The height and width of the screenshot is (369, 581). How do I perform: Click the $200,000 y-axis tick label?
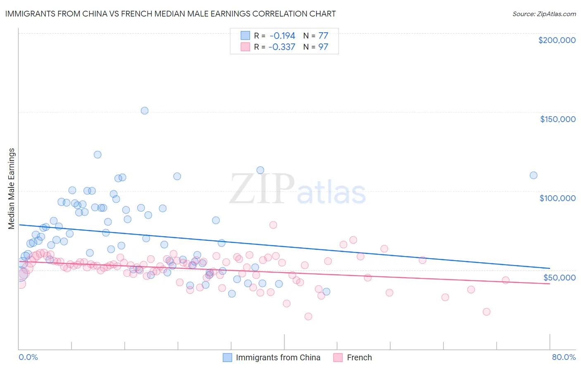(x=557, y=40)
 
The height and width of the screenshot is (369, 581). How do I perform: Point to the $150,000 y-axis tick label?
(x=557, y=119)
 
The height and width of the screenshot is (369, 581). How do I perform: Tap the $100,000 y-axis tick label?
(x=557, y=198)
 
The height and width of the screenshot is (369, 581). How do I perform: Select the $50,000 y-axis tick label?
(x=559, y=277)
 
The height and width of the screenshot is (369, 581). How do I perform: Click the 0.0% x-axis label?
(x=28, y=357)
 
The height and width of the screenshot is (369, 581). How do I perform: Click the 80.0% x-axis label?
(x=564, y=357)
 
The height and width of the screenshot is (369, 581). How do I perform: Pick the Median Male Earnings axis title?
(x=12, y=189)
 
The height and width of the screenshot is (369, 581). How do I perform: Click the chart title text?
(x=170, y=14)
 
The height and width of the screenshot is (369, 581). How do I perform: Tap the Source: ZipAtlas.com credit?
(x=544, y=14)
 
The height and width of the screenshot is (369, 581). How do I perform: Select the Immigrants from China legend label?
(x=278, y=357)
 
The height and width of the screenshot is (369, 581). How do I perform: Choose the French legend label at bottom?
(x=359, y=357)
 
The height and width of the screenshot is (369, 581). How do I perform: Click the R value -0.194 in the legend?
(x=282, y=36)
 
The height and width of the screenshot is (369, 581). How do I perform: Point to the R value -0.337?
(x=282, y=47)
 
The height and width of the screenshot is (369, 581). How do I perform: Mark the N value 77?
(x=323, y=36)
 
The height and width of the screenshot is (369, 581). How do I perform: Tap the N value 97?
(x=323, y=47)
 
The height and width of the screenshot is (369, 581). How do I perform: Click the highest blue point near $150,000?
(x=145, y=110)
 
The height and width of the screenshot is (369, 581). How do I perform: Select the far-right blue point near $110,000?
(x=533, y=175)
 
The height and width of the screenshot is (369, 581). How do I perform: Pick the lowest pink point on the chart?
(x=308, y=316)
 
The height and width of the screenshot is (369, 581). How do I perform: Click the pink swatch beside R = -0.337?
(x=245, y=47)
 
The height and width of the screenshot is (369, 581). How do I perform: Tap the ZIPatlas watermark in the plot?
(x=298, y=189)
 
